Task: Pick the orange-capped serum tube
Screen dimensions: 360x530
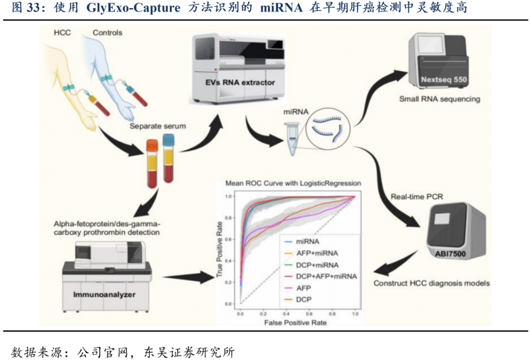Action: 152,164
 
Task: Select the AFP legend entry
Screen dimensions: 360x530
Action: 304,287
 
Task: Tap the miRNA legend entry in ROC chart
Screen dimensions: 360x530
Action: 308,241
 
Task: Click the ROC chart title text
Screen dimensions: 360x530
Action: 293,183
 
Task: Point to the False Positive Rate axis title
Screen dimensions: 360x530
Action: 295,323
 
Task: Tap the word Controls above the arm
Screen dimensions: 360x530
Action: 107,33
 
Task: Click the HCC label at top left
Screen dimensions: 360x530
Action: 61,32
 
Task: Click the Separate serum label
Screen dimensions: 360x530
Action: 158,126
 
